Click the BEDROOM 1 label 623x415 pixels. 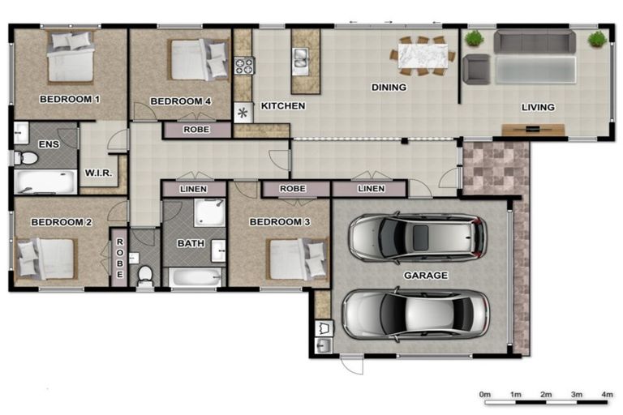tap(69, 101)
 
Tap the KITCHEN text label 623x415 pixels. tap(282, 106)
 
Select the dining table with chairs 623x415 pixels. tap(422, 55)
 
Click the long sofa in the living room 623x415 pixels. tap(535, 42)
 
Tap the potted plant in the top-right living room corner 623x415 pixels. tap(597, 38)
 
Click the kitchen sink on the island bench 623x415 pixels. tap(301, 57)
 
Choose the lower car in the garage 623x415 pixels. tap(415, 313)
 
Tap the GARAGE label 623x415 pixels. tap(426, 276)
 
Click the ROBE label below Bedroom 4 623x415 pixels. tap(195, 129)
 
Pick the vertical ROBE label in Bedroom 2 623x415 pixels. tap(119, 259)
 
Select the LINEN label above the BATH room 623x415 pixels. tap(193, 189)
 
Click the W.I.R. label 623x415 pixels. tap(98, 174)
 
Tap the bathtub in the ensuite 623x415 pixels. tap(45, 182)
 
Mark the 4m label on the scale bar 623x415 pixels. tap(607, 394)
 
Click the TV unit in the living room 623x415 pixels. tap(533, 129)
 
